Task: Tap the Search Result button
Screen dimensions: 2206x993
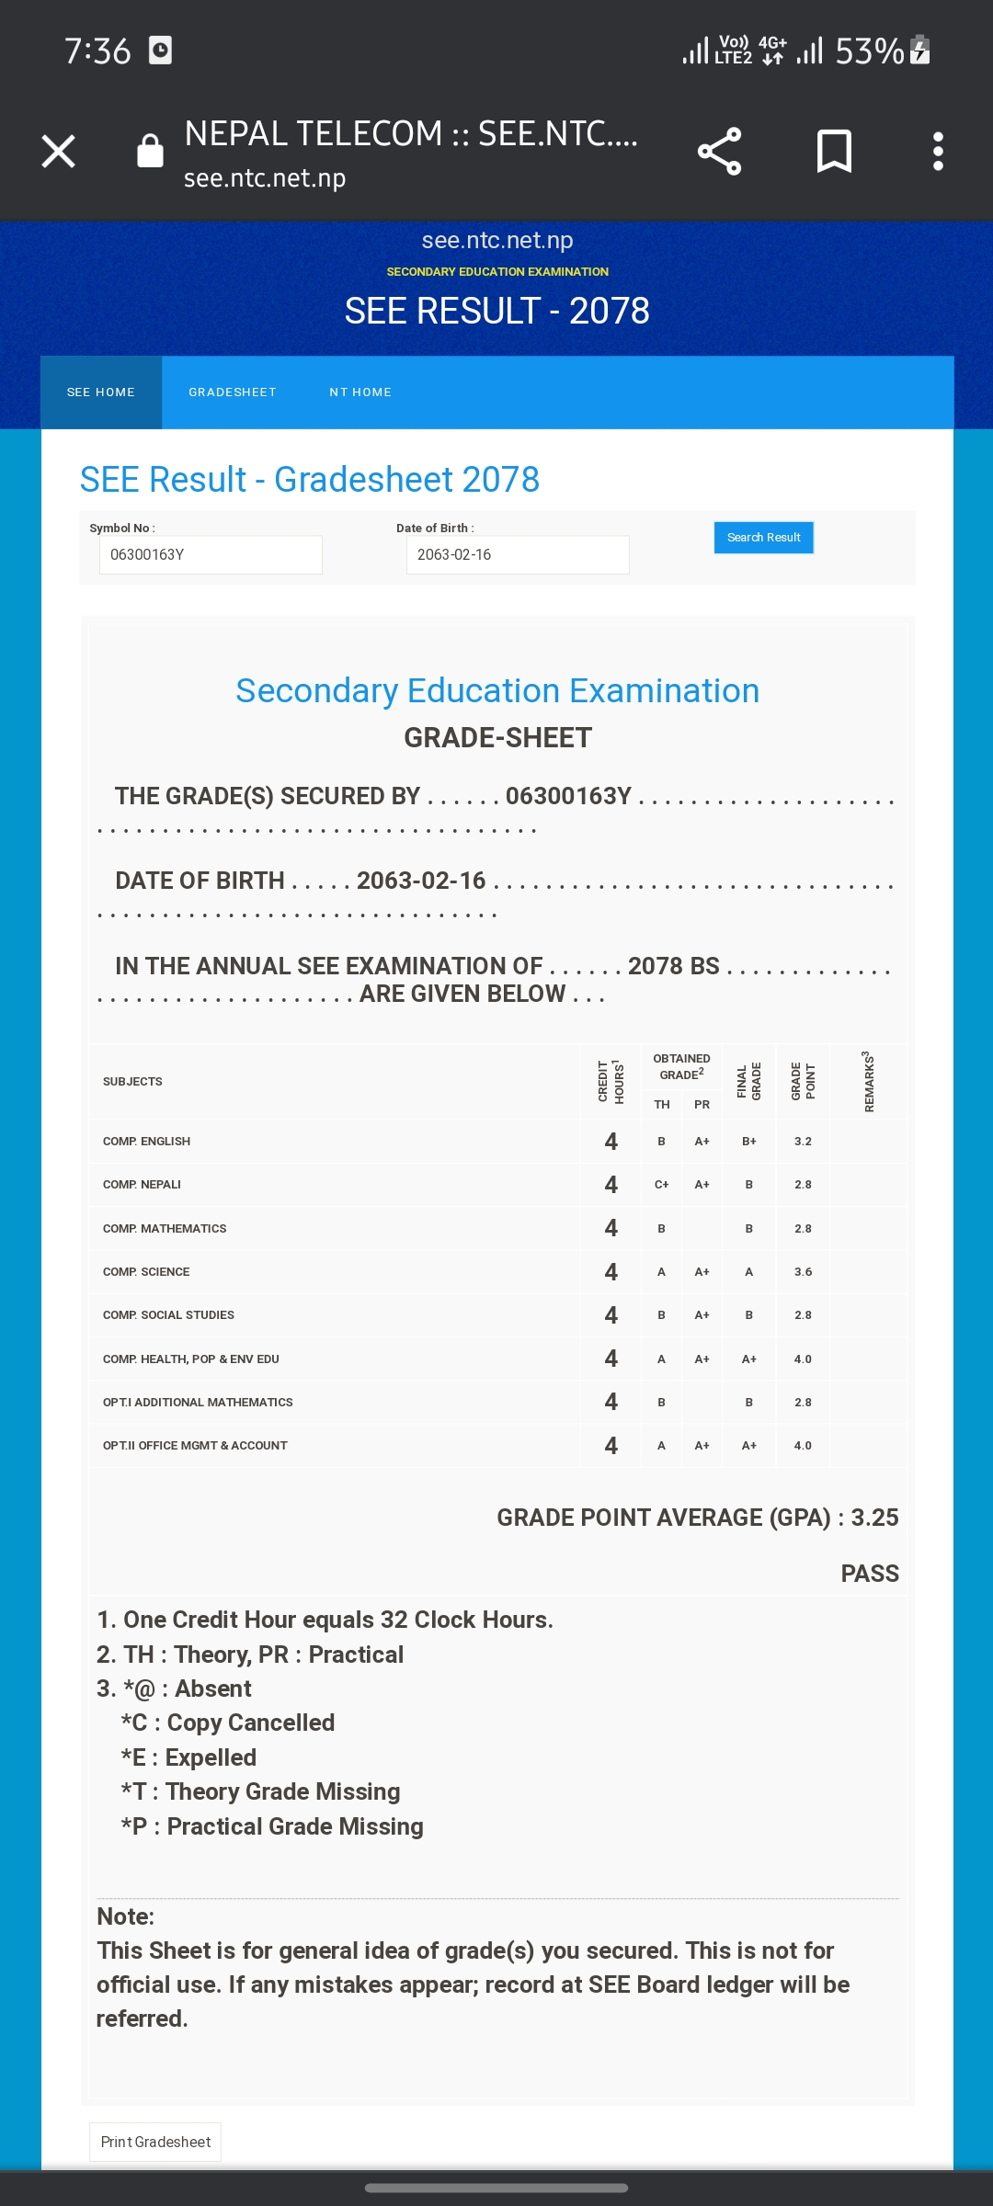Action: click(763, 538)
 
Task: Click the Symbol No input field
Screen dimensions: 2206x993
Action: click(211, 555)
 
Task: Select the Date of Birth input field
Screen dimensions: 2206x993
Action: click(517, 555)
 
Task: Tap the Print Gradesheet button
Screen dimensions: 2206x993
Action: click(155, 2142)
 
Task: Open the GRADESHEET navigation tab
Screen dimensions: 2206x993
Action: click(233, 392)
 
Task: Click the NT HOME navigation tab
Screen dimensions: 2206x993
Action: click(360, 392)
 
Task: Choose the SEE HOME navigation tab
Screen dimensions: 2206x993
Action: click(101, 392)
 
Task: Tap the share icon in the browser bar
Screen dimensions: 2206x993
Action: click(719, 152)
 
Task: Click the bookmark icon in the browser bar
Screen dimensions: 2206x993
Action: click(834, 152)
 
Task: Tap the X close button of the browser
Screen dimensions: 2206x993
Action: click(58, 152)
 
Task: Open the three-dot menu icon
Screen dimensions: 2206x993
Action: click(938, 152)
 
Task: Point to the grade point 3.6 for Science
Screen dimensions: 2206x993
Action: click(803, 1272)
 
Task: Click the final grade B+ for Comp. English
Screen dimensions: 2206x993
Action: click(749, 1142)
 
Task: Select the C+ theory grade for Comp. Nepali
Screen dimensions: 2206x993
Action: click(661, 1185)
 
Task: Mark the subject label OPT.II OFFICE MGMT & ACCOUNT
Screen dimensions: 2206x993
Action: click(195, 1446)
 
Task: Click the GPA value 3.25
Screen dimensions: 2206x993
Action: click(874, 1518)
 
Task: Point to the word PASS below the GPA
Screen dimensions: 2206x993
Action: click(870, 1574)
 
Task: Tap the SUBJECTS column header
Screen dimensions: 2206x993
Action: click(132, 1082)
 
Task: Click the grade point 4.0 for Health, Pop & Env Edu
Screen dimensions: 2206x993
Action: click(803, 1359)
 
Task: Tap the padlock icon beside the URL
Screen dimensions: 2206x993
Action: click(150, 152)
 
